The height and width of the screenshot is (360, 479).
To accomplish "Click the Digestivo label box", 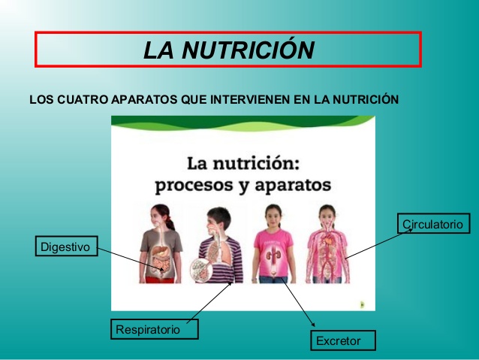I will tap(66, 247).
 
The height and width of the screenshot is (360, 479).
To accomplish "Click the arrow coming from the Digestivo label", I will tap(128, 257).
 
